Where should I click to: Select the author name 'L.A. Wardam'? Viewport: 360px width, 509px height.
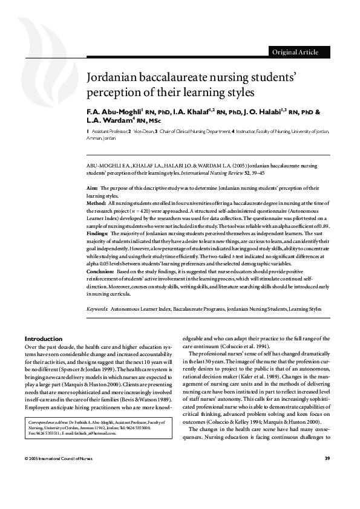pyautogui.click(x=109, y=122)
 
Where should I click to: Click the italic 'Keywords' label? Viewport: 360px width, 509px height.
pyautogui.click(x=97, y=309)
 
